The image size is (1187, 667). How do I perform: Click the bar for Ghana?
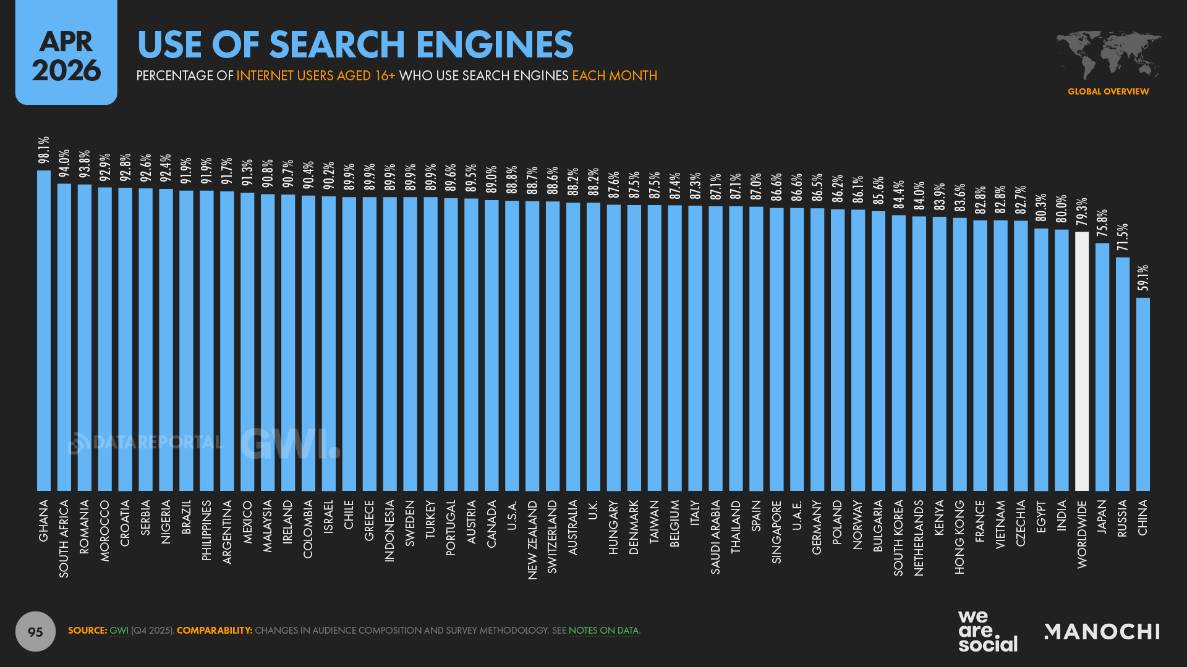(44, 330)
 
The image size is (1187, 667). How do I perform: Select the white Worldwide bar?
(1082, 361)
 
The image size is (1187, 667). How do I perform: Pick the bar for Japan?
(1102, 367)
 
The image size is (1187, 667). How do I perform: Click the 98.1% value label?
(44, 150)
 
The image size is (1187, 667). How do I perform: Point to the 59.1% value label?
(1143, 278)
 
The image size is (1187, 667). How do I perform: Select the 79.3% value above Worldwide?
(1082, 212)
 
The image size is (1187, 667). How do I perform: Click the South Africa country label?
(64, 539)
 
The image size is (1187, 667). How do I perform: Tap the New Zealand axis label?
(532, 539)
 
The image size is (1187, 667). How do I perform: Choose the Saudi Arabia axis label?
(715, 537)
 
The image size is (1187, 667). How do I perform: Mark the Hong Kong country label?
(959, 537)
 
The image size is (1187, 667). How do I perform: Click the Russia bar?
(1123, 374)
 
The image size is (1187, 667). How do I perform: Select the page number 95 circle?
(35, 631)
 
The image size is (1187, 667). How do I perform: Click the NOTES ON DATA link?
(603, 631)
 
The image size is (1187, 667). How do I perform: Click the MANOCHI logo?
(1102, 632)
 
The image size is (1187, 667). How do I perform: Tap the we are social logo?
(987, 631)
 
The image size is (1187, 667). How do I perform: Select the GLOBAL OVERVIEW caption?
(1108, 91)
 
